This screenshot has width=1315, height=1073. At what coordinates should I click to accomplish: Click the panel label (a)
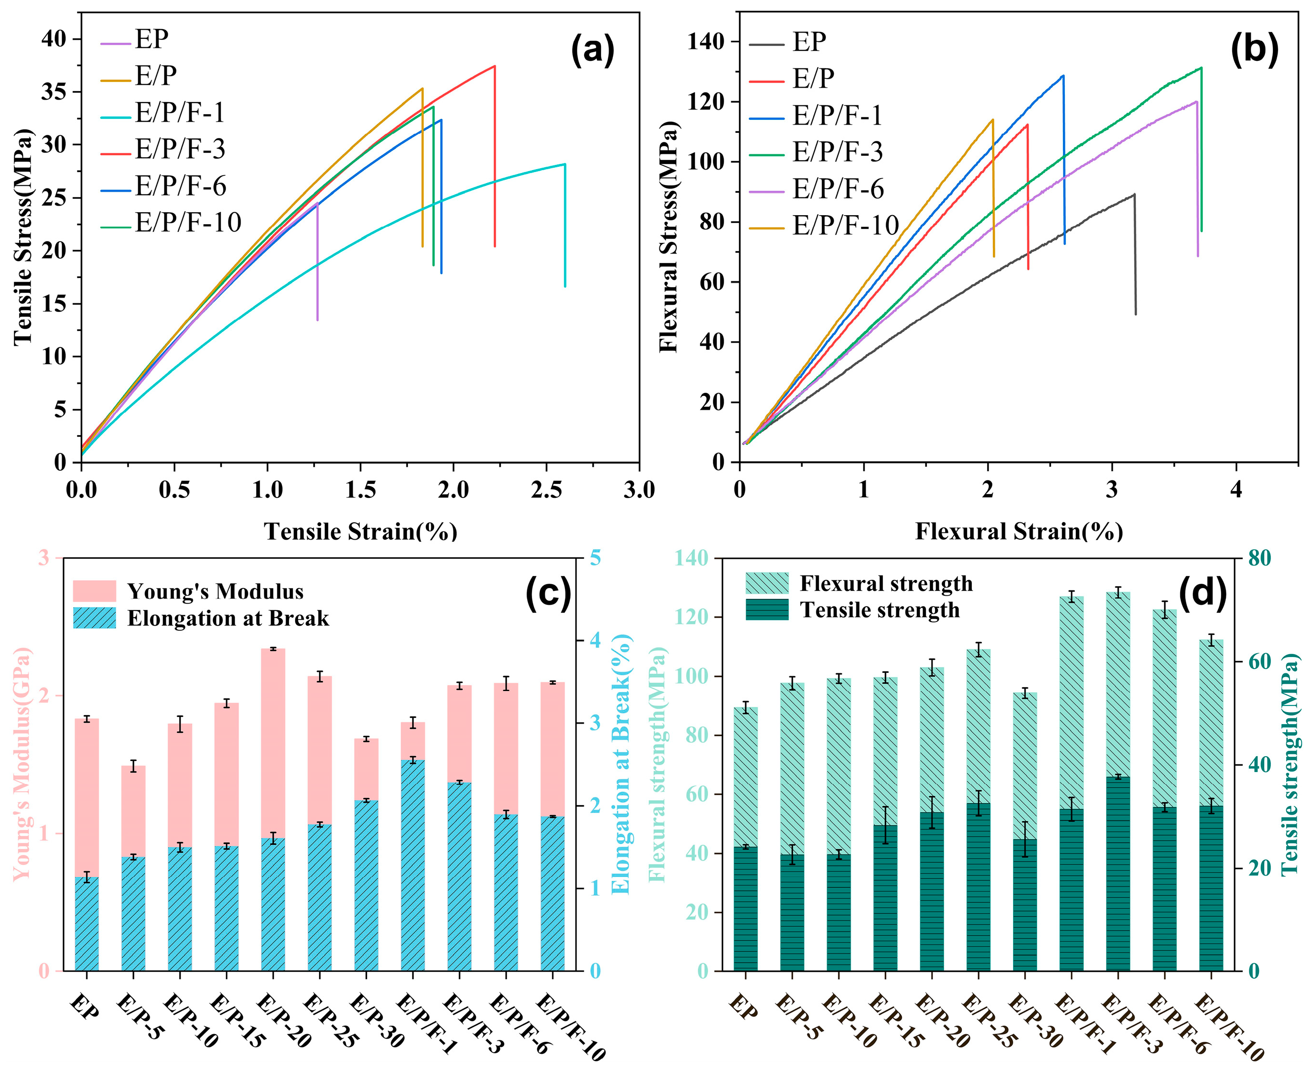click(x=592, y=51)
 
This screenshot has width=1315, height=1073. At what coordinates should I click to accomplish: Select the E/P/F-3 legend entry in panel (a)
click(x=180, y=149)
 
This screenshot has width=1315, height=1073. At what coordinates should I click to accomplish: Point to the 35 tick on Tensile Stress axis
click(x=53, y=92)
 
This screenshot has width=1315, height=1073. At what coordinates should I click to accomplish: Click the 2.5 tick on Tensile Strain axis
click(x=546, y=490)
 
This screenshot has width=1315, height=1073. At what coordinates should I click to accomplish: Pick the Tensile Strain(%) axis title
click(x=361, y=531)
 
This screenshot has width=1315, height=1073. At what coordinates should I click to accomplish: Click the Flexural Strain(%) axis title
click(x=1018, y=531)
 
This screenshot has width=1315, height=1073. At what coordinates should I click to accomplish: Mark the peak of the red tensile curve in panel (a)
click(x=495, y=66)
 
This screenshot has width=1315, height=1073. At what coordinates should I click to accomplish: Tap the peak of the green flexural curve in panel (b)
click(x=1200, y=68)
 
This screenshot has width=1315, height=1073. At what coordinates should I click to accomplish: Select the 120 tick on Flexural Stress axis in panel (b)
click(x=707, y=102)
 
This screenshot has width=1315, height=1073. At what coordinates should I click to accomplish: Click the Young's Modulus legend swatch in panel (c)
click(x=94, y=591)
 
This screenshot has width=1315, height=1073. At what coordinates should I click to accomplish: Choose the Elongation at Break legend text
click(x=228, y=618)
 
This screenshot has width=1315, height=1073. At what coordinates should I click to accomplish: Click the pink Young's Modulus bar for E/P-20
click(x=273, y=742)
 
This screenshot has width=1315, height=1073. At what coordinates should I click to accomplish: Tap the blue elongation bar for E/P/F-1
click(x=412, y=865)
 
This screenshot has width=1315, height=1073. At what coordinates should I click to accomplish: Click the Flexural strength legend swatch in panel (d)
click(x=767, y=583)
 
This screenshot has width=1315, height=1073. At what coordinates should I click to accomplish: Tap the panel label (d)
click(x=1202, y=593)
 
